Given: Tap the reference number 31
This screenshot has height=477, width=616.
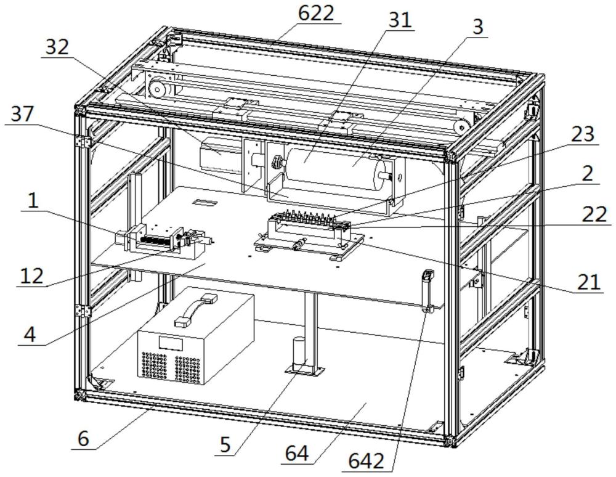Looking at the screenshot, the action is (400, 20).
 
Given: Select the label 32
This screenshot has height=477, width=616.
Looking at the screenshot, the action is (57, 47).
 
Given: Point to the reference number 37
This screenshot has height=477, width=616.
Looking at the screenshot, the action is (22, 115).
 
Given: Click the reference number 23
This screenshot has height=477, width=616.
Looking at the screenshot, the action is (583, 134).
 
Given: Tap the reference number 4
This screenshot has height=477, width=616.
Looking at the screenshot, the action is (30, 335).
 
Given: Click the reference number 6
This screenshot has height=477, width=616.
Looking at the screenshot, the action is (83, 438).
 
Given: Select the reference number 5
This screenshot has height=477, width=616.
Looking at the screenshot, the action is (225, 445).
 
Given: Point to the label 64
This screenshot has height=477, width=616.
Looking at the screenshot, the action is (297, 454).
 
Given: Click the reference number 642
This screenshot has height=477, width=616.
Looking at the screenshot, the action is (366, 461).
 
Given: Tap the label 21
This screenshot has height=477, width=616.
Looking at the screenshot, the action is (589, 282).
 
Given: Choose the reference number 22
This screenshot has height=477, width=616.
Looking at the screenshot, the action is (595, 214).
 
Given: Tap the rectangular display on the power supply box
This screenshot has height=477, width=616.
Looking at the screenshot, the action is (171, 343).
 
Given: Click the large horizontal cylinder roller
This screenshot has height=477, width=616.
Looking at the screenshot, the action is (334, 168).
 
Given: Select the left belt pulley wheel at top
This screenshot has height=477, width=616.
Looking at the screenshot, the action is (156, 89).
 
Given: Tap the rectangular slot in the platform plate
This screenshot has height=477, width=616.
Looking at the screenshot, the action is (206, 202).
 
